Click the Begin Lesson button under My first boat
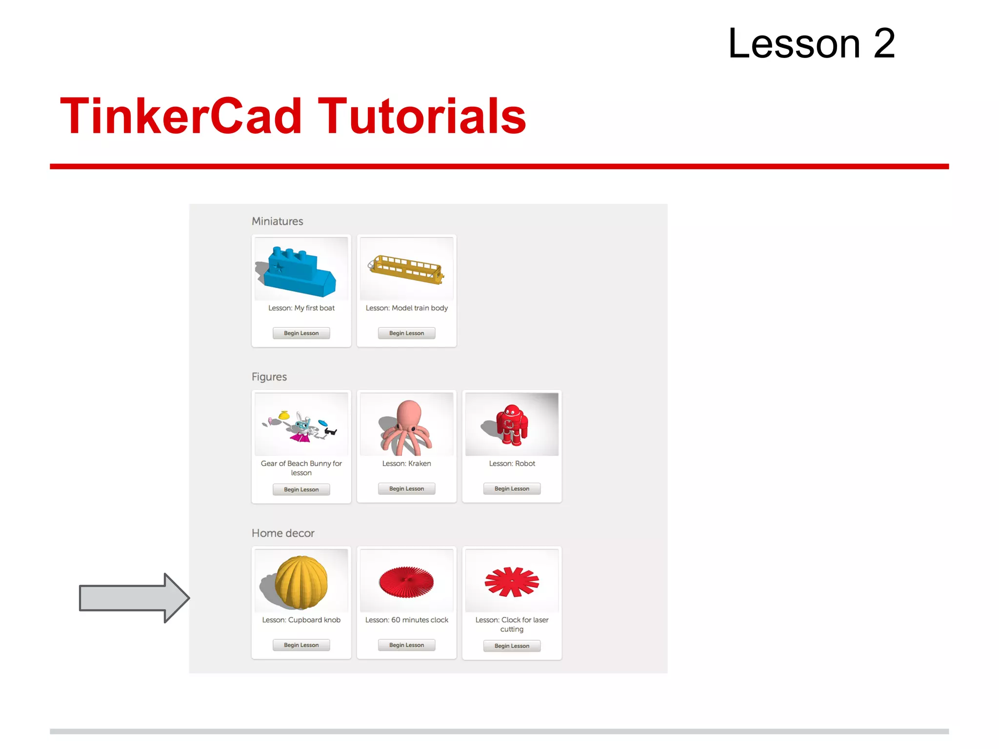click(x=301, y=333)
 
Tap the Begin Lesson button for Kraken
click(x=406, y=489)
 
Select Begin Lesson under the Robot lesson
click(x=512, y=489)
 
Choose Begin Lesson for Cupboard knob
click(x=301, y=645)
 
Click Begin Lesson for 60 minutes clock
click(x=406, y=645)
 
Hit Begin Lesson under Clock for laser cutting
click(x=512, y=646)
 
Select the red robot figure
click(x=511, y=424)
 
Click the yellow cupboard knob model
click(x=301, y=582)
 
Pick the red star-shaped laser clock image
click(x=512, y=581)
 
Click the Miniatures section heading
click(x=277, y=221)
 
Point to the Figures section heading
click(x=269, y=377)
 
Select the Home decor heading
click(x=283, y=533)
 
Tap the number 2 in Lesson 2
click(x=884, y=44)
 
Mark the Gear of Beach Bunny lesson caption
click(x=301, y=468)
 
